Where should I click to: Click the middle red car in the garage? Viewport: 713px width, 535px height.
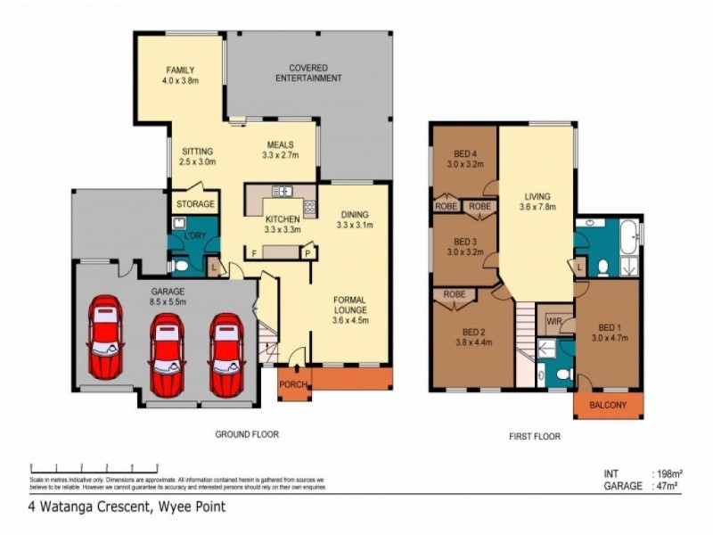[x=167, y=350]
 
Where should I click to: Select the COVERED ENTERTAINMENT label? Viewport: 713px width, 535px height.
[x=308, y=73]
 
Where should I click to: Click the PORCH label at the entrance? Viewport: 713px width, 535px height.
[x=292, y=384]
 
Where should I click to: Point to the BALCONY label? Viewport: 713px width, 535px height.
[x=607, y=406]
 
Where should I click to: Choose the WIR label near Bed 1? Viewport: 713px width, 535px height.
[x=553, y=320]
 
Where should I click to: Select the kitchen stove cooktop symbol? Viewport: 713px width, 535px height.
[x=309, y=209]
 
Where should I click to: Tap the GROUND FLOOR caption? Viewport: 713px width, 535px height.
[x=247, y=435]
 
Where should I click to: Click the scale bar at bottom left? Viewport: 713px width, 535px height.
[x=94, y=466]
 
